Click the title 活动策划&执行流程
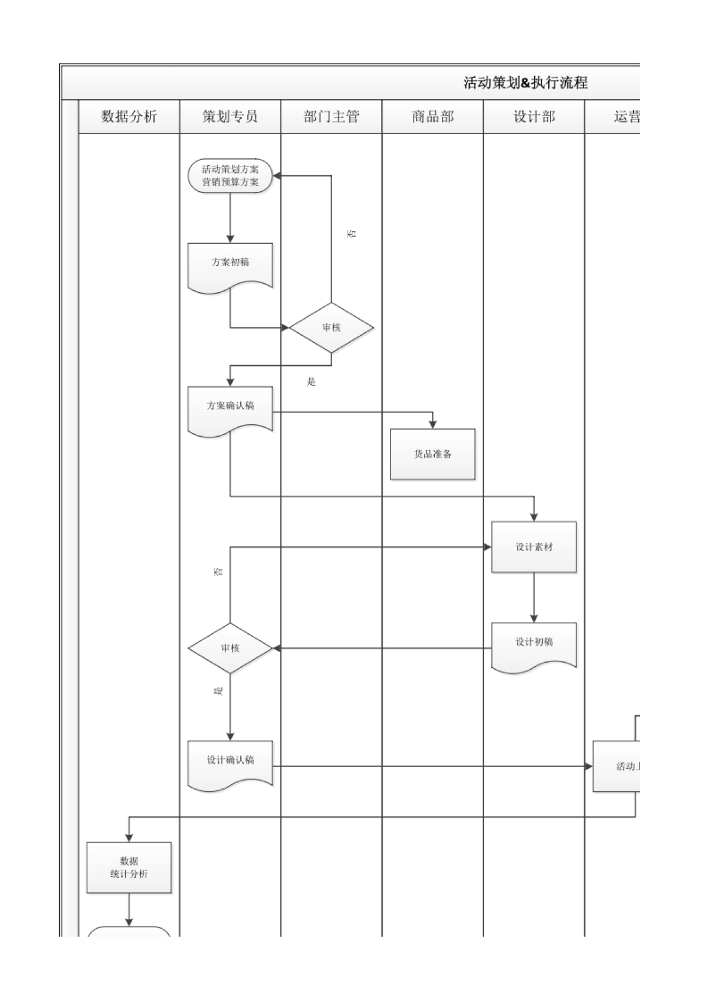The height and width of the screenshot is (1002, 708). [525, 83]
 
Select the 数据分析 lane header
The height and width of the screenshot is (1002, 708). [129, 116]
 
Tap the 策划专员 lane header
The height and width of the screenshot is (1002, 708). [230, 116]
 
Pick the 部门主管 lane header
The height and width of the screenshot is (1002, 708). [331, 116]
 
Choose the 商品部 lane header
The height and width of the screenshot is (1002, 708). [432, 116]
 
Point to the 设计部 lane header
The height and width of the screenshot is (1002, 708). [534, 116]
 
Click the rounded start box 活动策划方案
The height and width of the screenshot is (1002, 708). [230, 176]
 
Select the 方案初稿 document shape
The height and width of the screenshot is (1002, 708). [230, 264]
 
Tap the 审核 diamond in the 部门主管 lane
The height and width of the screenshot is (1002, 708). [331, 328]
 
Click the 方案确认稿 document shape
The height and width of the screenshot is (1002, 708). [230, 408]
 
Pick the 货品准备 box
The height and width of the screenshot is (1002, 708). [432, 454]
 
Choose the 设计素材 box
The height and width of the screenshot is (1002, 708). [534, 547]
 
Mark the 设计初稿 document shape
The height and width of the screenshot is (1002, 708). [534, 644]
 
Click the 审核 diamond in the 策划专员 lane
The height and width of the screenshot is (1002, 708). [230, 648]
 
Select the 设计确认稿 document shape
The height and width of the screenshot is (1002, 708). [230, 762]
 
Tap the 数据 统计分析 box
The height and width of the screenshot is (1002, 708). [129, 867]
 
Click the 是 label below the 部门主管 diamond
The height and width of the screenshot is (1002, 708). [312, 382]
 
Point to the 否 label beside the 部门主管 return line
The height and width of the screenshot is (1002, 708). [352, 234]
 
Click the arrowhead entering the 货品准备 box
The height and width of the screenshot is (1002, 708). [432, 424]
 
